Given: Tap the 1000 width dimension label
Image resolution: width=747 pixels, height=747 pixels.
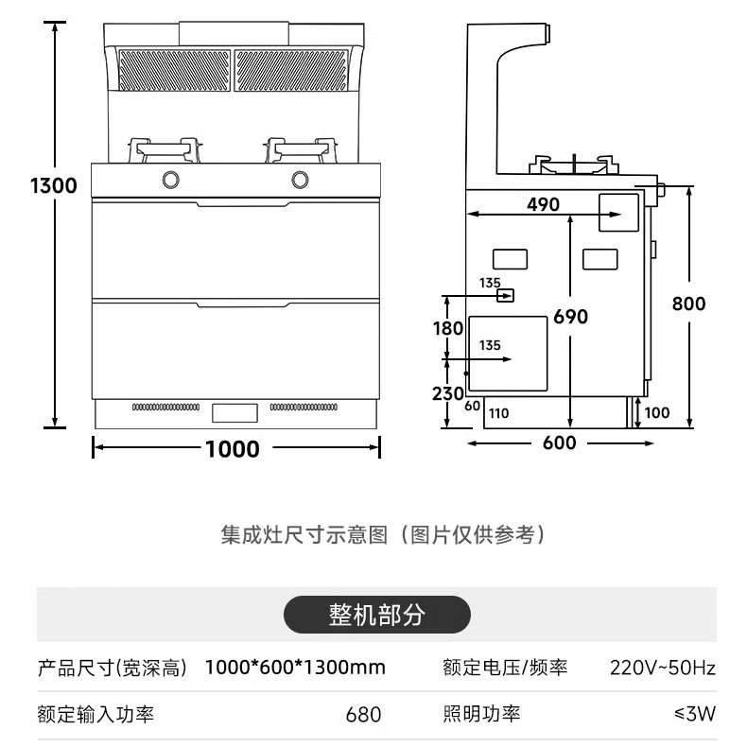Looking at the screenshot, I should click(x=233, y=448).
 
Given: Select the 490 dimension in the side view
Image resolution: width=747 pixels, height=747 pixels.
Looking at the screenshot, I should click(x=543, y=204).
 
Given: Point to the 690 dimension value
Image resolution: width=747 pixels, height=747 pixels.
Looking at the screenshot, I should click(x=571, y=316).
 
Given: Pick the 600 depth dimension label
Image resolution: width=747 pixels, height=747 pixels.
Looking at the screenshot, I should click(x=560, y=442).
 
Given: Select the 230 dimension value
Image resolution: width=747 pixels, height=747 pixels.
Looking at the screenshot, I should click(x=447, y=392).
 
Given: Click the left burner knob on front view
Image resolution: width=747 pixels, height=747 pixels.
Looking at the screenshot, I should click(x=172, y=178).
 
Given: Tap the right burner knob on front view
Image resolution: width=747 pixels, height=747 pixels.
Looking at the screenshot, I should click(x=301, y=178).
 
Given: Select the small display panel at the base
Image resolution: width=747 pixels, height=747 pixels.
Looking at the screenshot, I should click(x=235, y=412).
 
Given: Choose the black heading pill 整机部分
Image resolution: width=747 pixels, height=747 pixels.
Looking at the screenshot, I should click(x=376, y=615).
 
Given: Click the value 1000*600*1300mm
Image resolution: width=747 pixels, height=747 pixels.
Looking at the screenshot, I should click(x=295, y=668).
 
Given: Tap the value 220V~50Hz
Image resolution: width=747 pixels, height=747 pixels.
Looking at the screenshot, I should click(x=662, y=668).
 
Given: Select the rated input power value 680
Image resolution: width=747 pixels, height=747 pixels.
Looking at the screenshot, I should click(x=363, y=714).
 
